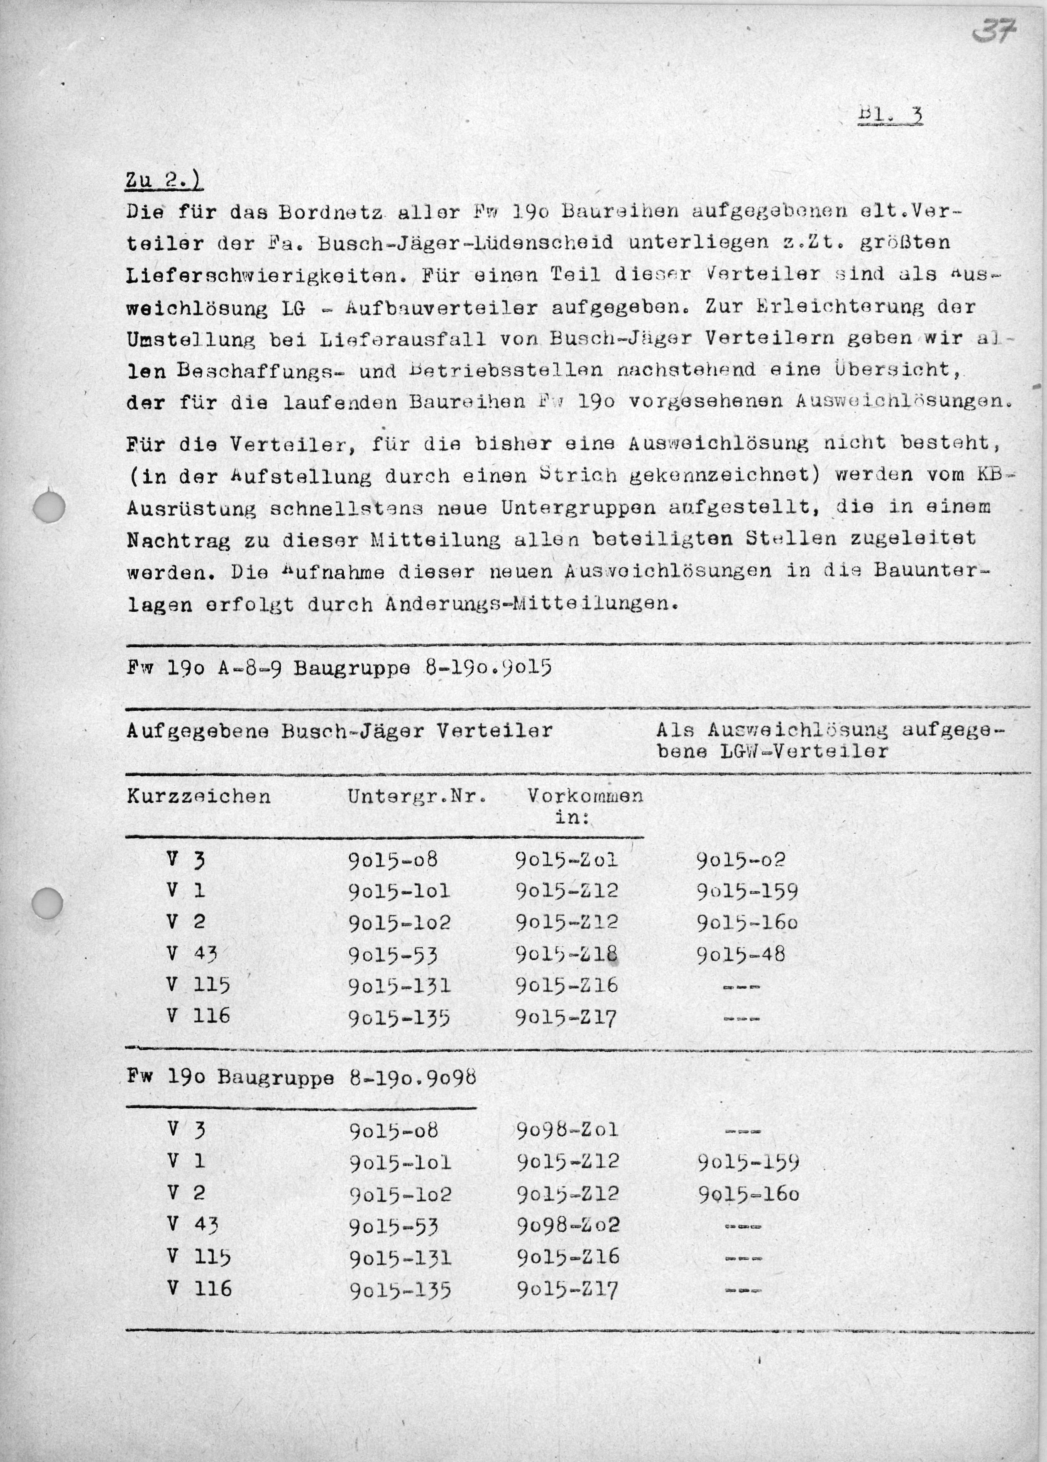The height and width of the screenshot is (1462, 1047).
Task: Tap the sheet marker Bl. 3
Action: click(890, 115)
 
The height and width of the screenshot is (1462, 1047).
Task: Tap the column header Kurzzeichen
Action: click(198, 796)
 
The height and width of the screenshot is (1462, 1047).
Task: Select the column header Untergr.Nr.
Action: click(416, 796)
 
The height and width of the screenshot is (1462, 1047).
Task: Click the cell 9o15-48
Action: click(741, 954)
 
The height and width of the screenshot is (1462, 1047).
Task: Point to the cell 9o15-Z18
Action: click(567, 954)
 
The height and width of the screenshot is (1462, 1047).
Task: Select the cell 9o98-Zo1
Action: click(568, 1130)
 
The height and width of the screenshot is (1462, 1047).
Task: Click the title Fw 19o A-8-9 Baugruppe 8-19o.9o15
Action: click(339, 668)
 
